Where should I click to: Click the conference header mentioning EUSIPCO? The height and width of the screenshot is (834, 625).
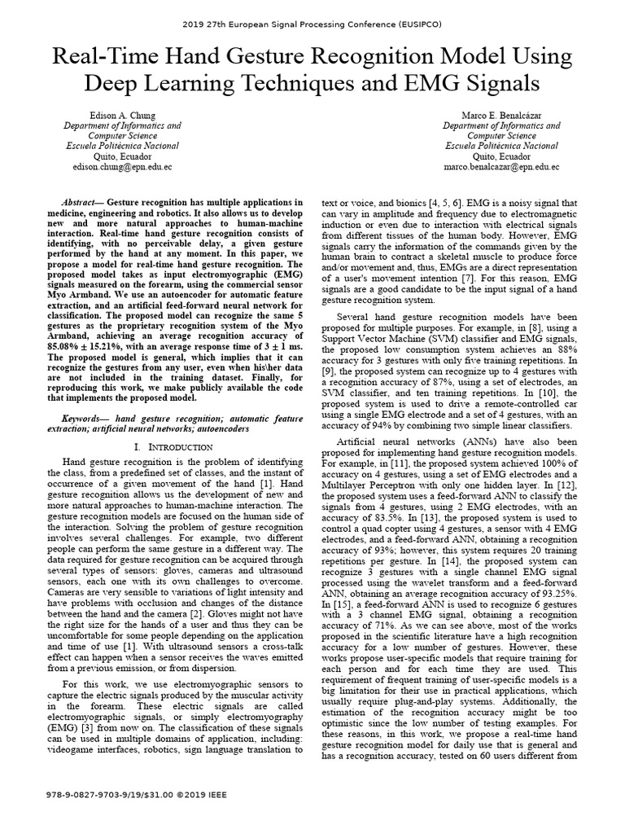[312, 25]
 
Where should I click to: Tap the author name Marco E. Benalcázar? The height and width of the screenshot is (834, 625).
[500, 115]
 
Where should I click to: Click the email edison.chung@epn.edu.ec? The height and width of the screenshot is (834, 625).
[123, 166]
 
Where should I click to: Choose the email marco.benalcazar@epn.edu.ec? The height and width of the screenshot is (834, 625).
[500, 166]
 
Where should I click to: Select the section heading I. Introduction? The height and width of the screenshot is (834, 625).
[175, 448]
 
